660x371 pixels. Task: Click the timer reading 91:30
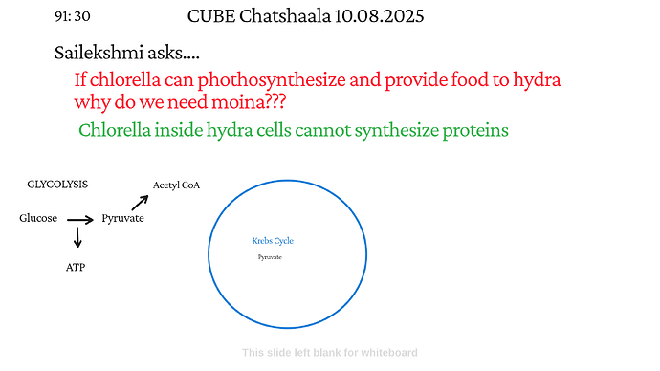coord(73,17)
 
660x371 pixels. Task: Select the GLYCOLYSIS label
coord(57,183)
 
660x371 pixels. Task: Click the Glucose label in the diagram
coord(38,219)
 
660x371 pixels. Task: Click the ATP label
coord(76,267)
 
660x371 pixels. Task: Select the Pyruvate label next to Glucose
coord(122,219)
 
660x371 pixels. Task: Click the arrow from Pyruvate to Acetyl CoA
coord(140,201)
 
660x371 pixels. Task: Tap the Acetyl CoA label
coord(176,185)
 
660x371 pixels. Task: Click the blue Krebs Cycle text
coord(273,241)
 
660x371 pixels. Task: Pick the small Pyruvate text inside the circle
coord(270,257)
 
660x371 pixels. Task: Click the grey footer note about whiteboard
coord(329,353)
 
